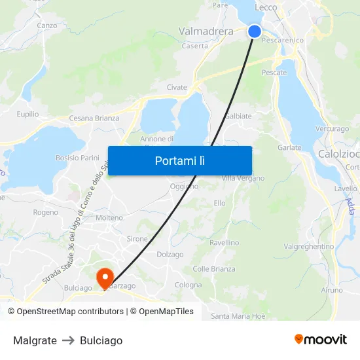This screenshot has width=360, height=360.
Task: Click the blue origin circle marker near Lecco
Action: (x=255, y=31)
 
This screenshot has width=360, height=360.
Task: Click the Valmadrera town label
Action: (x=206, y=31)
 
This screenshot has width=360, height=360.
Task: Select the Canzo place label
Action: (x=47, y=26)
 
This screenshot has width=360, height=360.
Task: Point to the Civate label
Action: (x=177, y=87)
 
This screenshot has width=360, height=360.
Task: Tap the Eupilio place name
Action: (x=27, y=114)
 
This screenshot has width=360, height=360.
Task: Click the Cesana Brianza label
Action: (x=94, y=118)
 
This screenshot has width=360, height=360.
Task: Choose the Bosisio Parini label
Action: (x=77, y=158)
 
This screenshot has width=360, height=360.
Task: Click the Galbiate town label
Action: (x=238, y=116)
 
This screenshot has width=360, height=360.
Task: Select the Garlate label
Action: (x=289, y=148)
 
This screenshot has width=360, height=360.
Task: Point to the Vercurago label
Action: (x=332, y=129)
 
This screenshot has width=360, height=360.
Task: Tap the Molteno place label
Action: (x=109, y=218)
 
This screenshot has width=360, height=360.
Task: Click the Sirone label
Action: (x=137, y=240)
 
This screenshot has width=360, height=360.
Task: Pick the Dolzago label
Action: (x=170, y=255)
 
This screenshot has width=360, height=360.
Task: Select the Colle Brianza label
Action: (x=213, y=269)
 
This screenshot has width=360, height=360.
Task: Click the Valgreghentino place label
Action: (x=309, y=247)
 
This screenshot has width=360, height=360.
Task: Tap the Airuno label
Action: (x=332, y=290)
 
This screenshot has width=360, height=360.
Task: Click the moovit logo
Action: (x=320, y=340)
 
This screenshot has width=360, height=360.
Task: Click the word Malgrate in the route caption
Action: (x=35, y=340)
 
